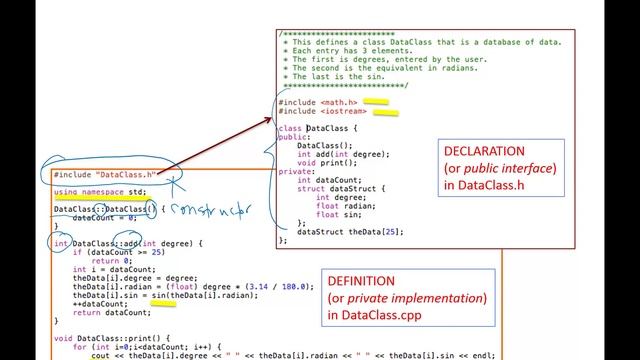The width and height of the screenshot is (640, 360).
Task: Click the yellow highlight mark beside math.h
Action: click(376, 101)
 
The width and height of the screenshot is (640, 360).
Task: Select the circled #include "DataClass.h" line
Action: click(104, 174)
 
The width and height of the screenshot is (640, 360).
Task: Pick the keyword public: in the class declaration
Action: click(294, 137)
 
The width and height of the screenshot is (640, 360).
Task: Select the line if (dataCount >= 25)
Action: click(115, 253)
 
